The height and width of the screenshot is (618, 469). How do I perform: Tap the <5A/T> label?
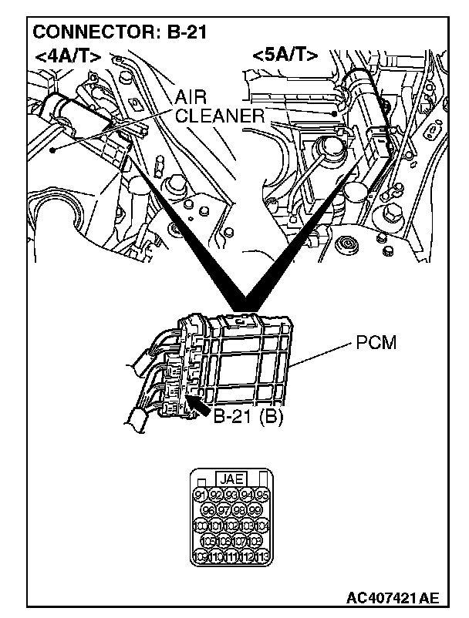(285, 55)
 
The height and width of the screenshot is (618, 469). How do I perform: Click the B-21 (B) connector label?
(249, 417)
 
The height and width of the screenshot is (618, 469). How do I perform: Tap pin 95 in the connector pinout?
(262, 495)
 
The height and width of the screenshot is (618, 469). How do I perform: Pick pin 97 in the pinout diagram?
(224, 510)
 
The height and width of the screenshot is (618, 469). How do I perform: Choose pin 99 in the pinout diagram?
(255, 510)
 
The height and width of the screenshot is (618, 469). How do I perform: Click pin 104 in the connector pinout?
(262, 526)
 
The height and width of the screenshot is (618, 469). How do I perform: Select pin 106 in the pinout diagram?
(224, 541)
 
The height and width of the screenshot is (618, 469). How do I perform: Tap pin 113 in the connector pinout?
(262, 556)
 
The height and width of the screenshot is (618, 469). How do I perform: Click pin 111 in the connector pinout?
(231, 556)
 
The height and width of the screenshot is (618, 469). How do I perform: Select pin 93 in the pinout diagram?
(231, 495)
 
